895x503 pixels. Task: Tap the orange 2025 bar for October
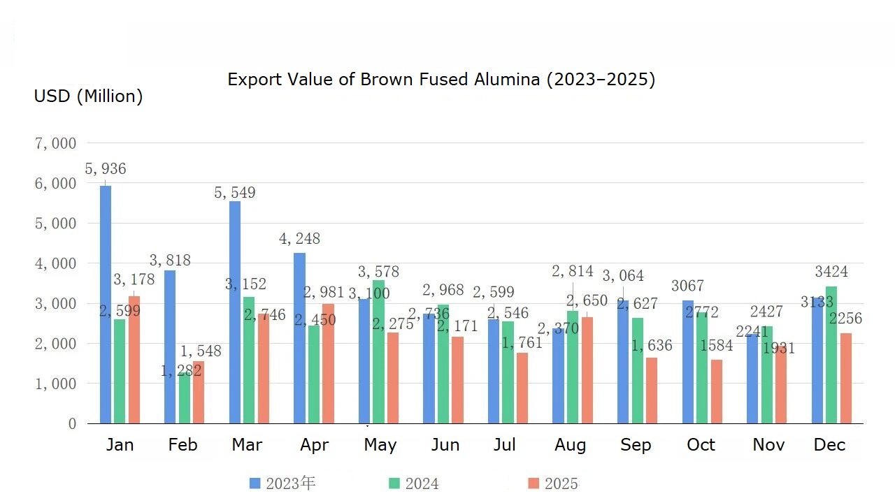[716, 391]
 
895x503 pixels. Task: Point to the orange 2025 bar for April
[328, 363]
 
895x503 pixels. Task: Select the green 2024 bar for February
[184, 398]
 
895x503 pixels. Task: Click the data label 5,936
[106, 169]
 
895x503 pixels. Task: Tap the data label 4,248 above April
[299, 239]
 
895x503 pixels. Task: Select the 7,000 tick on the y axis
[55, 144]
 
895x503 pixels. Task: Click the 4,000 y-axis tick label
[55, 264]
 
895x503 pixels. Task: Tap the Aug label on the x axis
[571, 445]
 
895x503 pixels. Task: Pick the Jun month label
[445, 445]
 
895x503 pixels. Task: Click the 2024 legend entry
[422, 483]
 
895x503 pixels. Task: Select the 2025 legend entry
[561, 483]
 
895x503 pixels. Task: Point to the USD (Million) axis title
[88, 96]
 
